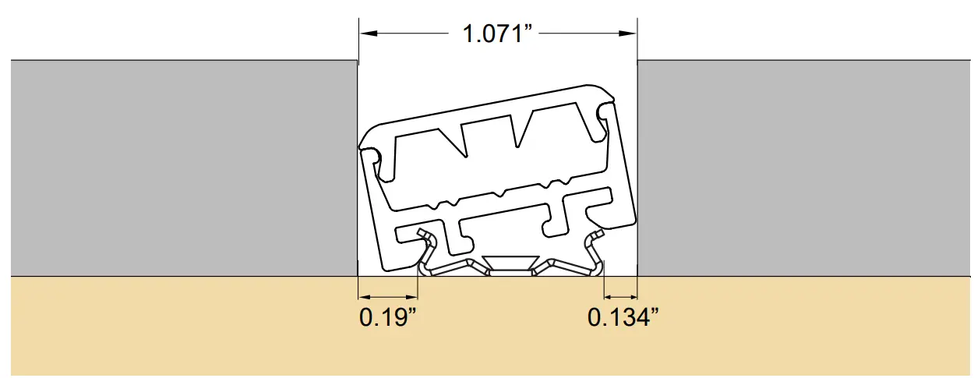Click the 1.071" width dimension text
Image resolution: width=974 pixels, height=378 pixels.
(x=497, y=34)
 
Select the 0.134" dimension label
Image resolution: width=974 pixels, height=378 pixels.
(x=623, y=318)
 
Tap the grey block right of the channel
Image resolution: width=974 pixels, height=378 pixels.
(x=803, y=168)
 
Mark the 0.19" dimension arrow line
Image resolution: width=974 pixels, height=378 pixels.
(x=388, y=296)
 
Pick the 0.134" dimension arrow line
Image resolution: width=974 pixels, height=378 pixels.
(x=621, y=296)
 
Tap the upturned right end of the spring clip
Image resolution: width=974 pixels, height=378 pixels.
(x=597, y=235)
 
